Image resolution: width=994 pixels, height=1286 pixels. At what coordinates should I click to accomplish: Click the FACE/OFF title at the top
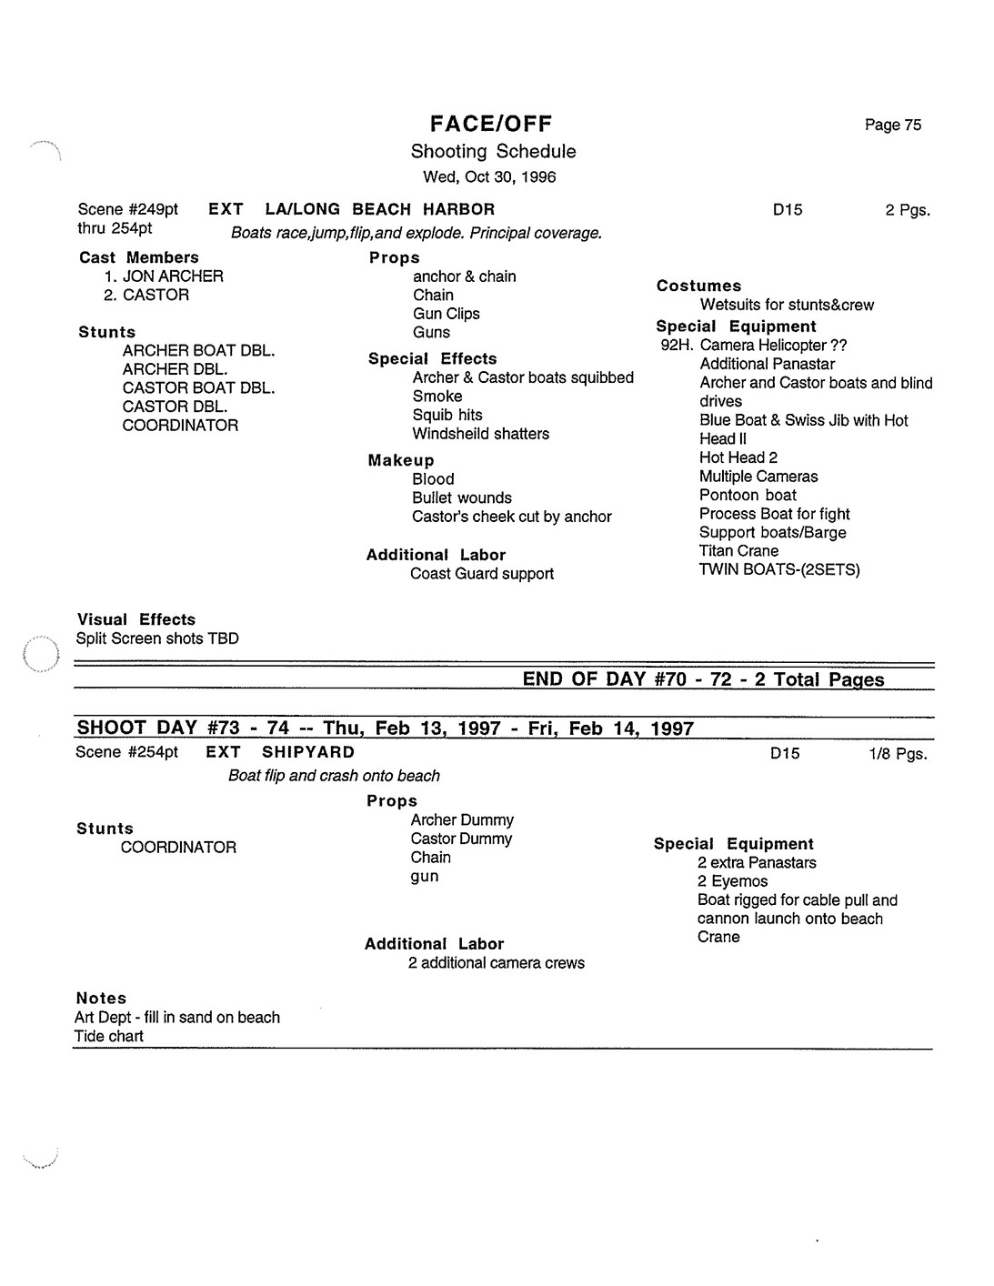491,125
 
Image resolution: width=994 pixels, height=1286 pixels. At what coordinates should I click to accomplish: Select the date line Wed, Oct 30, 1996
489,177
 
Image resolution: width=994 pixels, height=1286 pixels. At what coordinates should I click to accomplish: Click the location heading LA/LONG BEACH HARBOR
379,210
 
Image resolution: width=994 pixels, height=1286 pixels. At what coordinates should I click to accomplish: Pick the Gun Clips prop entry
446,314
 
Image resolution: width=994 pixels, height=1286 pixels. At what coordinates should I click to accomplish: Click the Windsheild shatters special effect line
480,434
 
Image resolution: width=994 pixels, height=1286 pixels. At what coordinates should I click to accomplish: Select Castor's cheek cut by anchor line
511,517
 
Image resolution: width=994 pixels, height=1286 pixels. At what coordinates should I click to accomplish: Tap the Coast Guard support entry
481,574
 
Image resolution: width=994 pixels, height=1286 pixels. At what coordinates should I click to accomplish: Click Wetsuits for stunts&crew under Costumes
786,306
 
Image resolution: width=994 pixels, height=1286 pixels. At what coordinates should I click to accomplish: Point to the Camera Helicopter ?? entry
773,346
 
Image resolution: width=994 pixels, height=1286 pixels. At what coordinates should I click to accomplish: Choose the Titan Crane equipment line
738,551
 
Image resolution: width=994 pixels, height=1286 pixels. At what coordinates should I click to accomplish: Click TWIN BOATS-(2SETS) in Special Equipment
778,570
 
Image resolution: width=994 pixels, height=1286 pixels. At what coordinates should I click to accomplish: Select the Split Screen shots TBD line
157,638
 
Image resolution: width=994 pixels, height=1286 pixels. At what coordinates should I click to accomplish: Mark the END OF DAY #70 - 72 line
702,679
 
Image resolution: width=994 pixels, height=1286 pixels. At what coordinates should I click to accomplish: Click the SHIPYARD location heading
308,752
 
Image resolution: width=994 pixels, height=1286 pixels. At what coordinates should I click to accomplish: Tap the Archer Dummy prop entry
462,820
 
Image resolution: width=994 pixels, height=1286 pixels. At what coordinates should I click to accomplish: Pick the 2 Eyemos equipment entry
732,881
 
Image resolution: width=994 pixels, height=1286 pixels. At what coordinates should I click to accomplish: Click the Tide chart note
109,1036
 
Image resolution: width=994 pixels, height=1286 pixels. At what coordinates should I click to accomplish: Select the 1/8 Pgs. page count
898,754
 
